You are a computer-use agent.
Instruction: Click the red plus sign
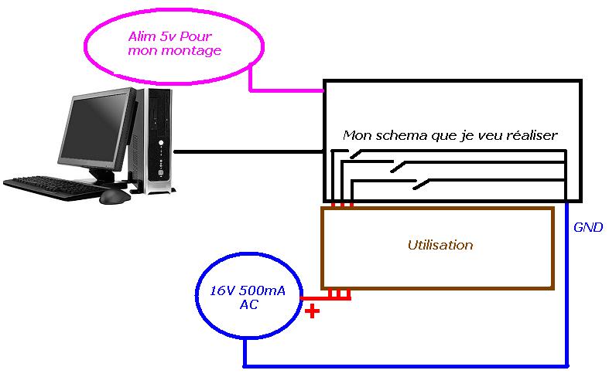click(x=313, y=313)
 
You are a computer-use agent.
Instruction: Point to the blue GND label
click(x=588, y=228)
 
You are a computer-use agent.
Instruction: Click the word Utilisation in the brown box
click(x=440, y=246)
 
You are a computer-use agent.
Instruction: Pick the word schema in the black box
click(x=402, y=135)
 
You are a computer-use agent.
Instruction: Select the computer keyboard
click(x=53, y=188)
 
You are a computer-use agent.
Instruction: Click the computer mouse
click(x=115, y=196)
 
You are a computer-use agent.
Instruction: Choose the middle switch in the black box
click(x=399, y=167)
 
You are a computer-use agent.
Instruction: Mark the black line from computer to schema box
click(x=248, y=151)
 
